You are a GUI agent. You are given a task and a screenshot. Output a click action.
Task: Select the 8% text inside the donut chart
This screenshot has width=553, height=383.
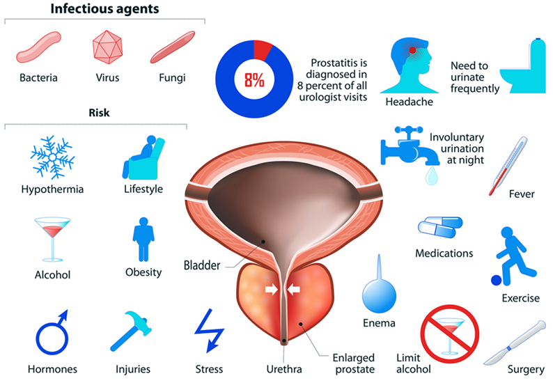(x=253, y=79)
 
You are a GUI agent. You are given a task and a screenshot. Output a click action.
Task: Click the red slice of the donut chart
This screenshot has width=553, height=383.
(x=262, y=49)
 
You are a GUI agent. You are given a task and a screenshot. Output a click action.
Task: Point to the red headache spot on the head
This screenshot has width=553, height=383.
(x=413, y=50)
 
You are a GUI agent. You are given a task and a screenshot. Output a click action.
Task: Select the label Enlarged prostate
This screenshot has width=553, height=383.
(x=354, y=362)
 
